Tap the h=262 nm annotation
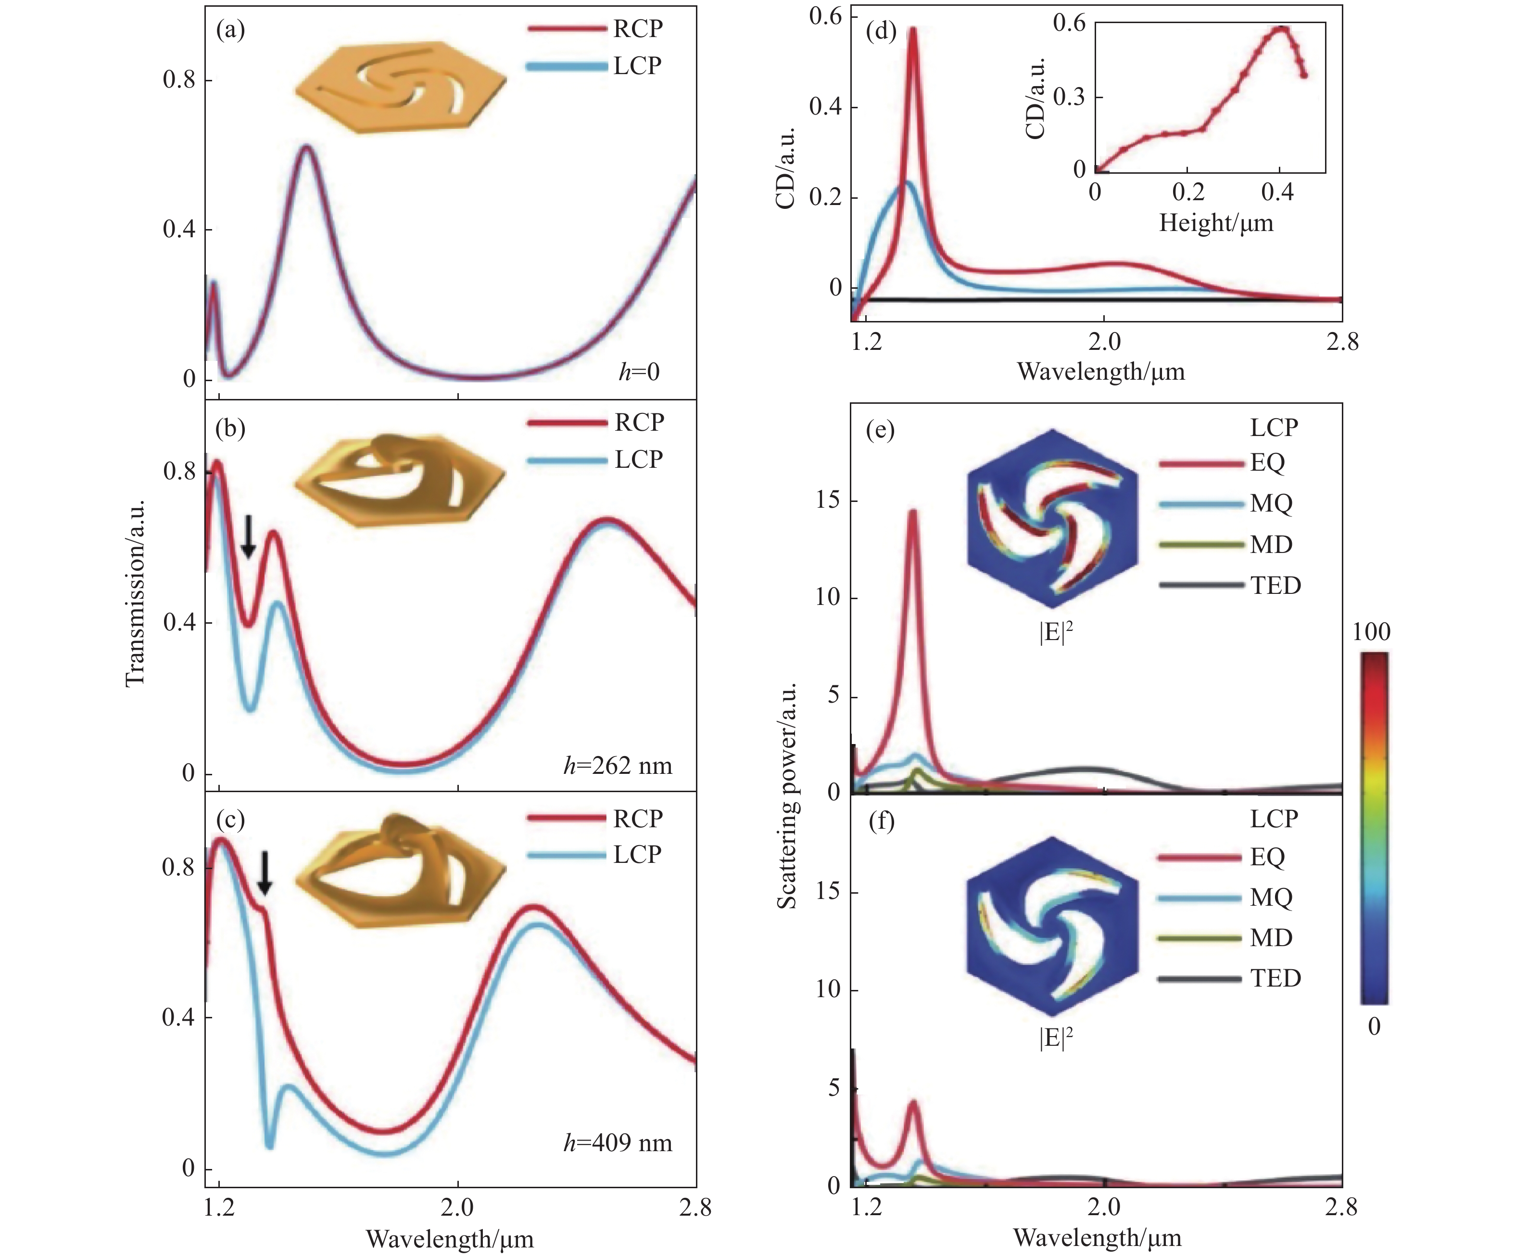pyautogui.click(x=618, y=766)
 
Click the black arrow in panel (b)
pyautogui.click(x=248, y=536)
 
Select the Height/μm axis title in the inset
pyautogui.click(x=1216, y=223)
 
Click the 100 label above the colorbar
pyautogui.click(x=1371, y=632)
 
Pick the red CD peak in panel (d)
pyautogui.click(x=913, y=30)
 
